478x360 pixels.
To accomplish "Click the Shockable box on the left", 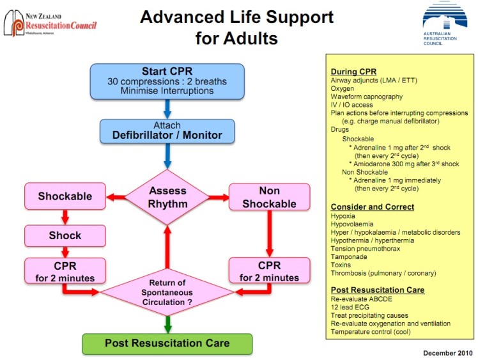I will (x=64, y=196).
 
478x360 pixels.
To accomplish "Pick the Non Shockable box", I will (x=269, y=197).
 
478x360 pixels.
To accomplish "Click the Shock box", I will (x=65, y=235).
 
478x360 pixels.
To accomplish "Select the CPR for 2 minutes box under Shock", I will (x=65, y=272).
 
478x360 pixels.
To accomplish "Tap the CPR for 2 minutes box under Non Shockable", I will (x=269, y=272).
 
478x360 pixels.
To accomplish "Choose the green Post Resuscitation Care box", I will (x=166, y=344).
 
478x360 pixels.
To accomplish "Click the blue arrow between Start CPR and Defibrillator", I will (x=167, y=107).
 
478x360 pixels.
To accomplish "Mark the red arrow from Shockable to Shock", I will (x=65, y=215).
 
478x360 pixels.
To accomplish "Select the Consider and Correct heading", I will (x=373, y=207).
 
